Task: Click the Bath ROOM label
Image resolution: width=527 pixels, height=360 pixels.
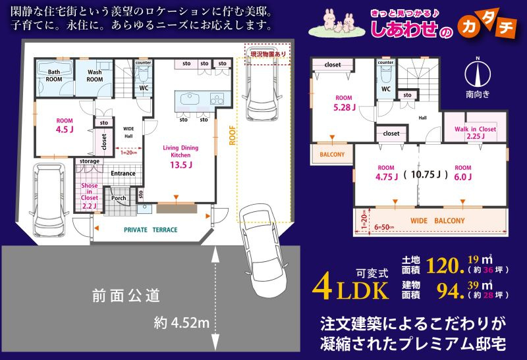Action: click(x=53, y=74)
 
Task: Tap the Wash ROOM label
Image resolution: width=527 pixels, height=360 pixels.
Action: click(x=95, y=74)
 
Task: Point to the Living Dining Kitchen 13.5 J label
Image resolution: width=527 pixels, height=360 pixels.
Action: click(x=180, y=157)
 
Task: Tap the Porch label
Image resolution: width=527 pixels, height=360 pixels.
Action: click(x=119, y=197)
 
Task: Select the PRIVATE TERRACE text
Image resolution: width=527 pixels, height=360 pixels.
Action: click(x=151, y=230)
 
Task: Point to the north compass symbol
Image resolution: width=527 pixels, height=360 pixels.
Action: click(x=478, y=72)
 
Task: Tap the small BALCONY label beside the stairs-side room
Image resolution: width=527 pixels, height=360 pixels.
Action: click(x=332, y=155)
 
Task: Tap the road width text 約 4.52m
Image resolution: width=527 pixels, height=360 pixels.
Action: click(x=181, y=323)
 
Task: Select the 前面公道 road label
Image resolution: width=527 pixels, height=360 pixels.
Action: click(x=125, y=297)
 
